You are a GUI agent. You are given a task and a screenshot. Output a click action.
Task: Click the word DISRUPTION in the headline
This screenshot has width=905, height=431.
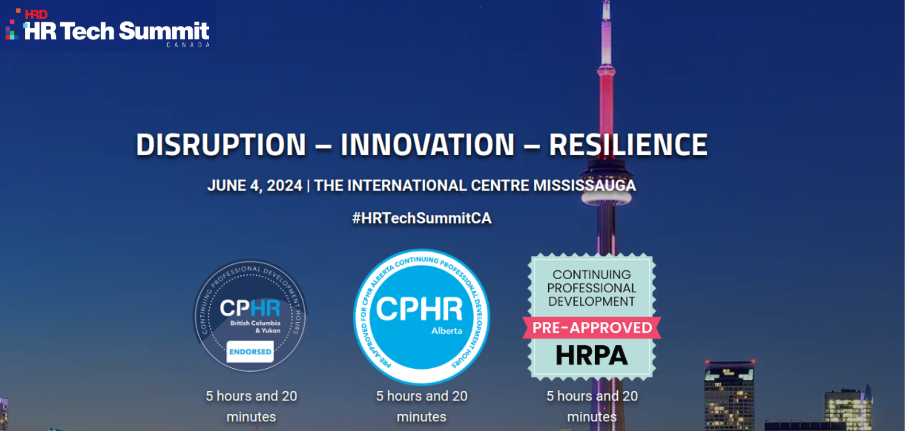coord(221,145)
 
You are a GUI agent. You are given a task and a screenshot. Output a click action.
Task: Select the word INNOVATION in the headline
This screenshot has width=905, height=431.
coord(427,145)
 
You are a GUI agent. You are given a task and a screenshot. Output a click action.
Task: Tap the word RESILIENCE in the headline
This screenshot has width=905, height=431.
coord(628,145)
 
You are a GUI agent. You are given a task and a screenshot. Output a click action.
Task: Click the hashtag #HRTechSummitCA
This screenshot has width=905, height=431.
coord(421,218)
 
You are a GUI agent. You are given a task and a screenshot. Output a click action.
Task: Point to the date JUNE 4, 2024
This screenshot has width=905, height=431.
coord(255,186)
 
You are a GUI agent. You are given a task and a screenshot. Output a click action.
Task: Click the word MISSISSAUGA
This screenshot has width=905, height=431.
coord(584,186)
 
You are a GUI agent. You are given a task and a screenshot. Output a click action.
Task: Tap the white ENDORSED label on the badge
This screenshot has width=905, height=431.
coord(250,352)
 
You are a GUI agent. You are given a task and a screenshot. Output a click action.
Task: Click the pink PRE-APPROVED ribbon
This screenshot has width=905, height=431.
coord(592,328)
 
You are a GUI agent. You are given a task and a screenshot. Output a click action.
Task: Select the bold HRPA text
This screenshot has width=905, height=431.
coord(592,355)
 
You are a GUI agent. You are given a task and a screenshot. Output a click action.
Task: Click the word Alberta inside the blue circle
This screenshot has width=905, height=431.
coord(446,331)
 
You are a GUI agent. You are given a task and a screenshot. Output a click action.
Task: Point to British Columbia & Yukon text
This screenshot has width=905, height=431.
coord(255,327)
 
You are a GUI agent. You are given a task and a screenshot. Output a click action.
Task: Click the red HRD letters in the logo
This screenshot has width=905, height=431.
coord(36,14)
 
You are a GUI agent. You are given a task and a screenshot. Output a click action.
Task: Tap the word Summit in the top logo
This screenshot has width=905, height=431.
coord(164,32)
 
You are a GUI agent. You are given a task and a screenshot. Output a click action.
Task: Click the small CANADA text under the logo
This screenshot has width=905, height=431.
coord(188,45)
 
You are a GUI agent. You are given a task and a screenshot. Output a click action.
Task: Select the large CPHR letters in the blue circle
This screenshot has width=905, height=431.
coord(419,309)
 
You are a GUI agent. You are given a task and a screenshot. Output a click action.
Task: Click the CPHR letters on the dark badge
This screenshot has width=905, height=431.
coord(250,308)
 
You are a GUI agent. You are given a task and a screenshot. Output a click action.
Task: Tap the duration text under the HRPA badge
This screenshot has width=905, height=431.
coord(592,406)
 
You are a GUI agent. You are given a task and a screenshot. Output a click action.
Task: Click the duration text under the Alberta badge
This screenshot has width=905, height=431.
coord(421,406)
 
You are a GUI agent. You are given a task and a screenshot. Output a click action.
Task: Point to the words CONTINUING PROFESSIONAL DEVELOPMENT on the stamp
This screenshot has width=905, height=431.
coord(592,288)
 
